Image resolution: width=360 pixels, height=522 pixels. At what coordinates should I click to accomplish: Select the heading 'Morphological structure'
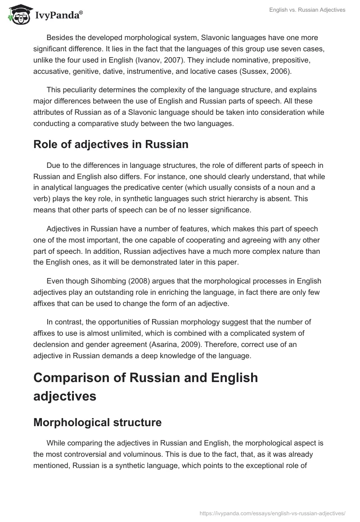[97, 423]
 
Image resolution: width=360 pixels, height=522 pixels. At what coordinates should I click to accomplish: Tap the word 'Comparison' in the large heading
[78, 378]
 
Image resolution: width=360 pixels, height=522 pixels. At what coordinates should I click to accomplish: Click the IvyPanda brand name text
[58, 15]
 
